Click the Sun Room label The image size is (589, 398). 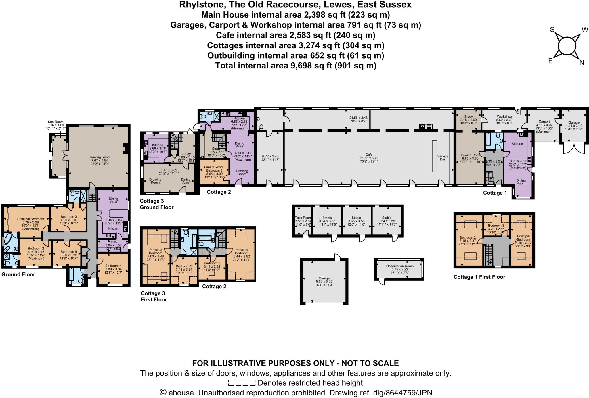click(56, 122)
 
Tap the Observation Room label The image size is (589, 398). click(400, 266)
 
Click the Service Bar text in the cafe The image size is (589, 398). click(443, 158)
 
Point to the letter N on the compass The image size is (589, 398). click(582, 63)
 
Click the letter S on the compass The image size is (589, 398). click(552, 30)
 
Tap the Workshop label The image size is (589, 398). click(504, 116)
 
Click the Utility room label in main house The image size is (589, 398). click(113, 242)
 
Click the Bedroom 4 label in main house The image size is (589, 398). click(113, 266)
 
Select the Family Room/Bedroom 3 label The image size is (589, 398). click(214, 169)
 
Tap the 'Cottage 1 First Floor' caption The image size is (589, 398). click(479, 277)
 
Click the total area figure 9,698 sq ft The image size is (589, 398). click(310, 66)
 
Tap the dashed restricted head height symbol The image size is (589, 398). click(242, 383)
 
